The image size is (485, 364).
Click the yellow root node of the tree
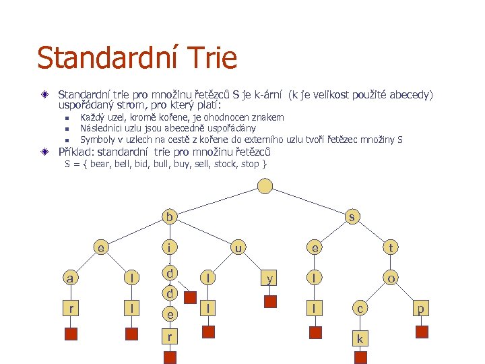coord(266,186)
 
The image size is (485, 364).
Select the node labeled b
coord(170,217)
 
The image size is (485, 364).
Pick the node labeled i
coord(170,248)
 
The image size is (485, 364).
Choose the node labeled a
coord(69,278)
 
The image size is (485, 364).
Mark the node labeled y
coord(270,278)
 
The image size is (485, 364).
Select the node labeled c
coord(360,308)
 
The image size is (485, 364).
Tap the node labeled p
coord(422,308)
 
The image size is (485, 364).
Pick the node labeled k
coord(360,338)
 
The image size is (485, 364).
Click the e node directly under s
coord(313,248)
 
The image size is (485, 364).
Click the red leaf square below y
coord(270,301)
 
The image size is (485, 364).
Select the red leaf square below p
coord(422,332)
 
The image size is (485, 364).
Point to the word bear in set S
coord(100,164)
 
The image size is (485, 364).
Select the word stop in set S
coord(251,164)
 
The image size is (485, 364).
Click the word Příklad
coord(77,152)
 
